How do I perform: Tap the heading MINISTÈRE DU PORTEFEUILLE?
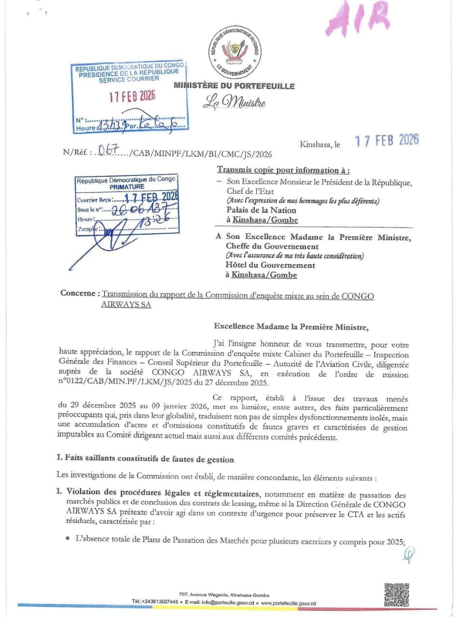(235, 86)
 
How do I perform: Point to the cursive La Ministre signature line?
(234, 102)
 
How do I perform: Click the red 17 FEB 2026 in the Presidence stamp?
(132, 96)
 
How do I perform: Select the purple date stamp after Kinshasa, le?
(386, 140)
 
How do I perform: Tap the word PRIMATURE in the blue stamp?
(127, 186)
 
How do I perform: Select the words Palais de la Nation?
(261, 210)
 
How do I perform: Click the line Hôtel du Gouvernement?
(270, 265)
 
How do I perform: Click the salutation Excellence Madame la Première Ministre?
(291, 326)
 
